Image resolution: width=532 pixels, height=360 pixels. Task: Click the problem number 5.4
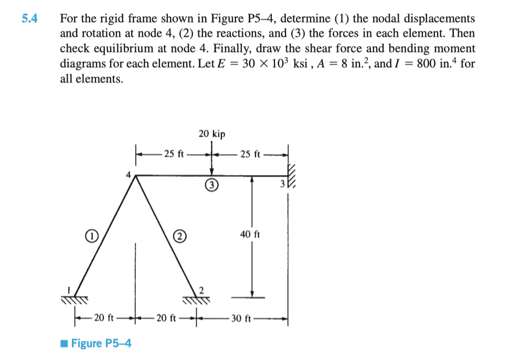(x=29, y=18)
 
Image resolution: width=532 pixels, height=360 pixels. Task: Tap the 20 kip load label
(x=212, y=134)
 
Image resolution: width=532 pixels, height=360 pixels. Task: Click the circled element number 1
(x=92, y=236)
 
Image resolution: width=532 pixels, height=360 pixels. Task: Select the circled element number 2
(x=180, y=236)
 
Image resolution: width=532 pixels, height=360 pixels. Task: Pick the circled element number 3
(x=211, y=185)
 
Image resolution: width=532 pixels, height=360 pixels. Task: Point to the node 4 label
(x=128, y=175)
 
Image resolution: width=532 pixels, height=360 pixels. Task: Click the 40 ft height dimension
(x=250, y=234)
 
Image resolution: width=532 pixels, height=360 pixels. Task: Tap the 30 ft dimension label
(x=241, y=318)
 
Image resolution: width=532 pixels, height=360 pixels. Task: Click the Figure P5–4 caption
(x=101, y=343)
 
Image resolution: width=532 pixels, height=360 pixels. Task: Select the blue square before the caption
(x=64, y=343)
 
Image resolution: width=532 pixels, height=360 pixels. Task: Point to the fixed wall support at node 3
(x=292, y=176)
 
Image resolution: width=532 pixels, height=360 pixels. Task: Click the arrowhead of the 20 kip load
(x=212, y=172)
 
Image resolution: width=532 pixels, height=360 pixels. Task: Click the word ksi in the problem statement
(x=300, y=63)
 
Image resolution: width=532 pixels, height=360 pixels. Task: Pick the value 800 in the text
(x=426, y=63)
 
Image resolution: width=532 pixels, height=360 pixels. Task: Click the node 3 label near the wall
(x=282, y=184)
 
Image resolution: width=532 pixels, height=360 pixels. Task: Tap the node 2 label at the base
(x=201, y=290)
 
